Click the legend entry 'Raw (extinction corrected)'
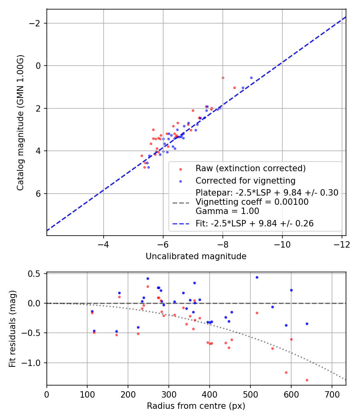[250, 168]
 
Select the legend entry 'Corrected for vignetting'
[245, 180]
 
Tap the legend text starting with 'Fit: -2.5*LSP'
[254, 223]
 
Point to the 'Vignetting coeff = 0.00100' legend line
[252, 202]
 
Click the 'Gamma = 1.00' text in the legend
[228, 211]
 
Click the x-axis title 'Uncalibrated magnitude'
[196, 256]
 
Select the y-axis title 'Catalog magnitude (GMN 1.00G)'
[20, 123]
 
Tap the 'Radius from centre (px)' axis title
[196, 406]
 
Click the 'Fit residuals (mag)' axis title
[12, 329]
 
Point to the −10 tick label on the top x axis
[282, 244]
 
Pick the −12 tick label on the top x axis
[342, 244]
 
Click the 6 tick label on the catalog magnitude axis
[38, 193]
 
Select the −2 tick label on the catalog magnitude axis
[34, 23]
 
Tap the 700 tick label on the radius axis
[332, 394]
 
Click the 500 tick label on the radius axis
[250, 394]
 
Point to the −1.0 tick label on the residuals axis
[31, 363]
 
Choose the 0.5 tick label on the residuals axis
[34, 274]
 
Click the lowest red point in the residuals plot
[307, 380]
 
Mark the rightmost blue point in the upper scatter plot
[251, 78]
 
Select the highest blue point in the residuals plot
[257, 277]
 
